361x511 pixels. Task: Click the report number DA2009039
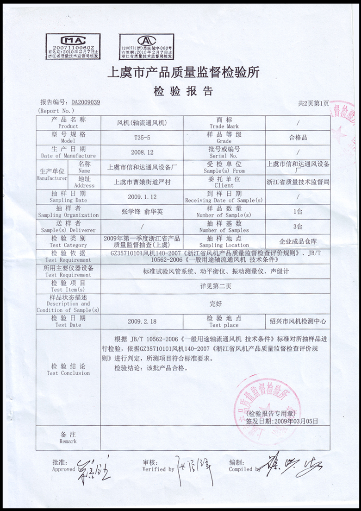pos(86,102)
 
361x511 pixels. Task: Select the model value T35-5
pos(142,138)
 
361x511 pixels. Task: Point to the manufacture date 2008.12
pos(142,152)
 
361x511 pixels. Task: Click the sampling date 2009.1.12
pos(142,196)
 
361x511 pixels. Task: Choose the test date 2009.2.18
pos(142,321)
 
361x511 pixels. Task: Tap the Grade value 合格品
pos(298,138)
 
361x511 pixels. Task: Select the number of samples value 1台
pos(298,212)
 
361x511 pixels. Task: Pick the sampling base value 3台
pos(298,227)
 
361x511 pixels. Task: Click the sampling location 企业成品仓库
pos(298,241)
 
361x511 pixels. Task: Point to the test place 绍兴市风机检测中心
pos(298,321)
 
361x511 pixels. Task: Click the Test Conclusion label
pos(68,369)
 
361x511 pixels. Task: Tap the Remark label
pos(68,438)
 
